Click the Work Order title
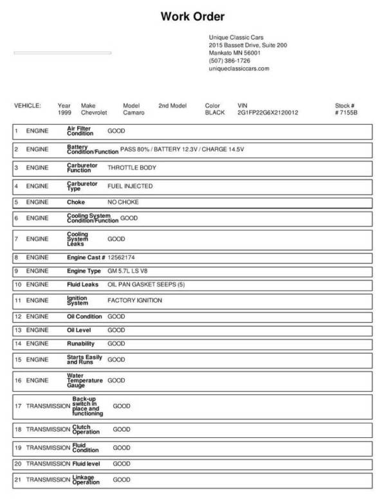click(192, 17)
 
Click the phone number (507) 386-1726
click(230, 60)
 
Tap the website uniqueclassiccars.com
click(239, 68)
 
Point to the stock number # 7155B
click(346, 113)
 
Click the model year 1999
click(64, 113)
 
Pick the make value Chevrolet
click(94, 113)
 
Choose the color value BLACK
click(214, 113)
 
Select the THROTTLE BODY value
click(132, 168)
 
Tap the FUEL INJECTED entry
click(130, 186)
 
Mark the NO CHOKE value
click(123, 203)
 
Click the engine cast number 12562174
click(122, 257)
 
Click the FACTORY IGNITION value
click(134, 300)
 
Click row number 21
click(18, 480)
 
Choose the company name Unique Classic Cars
click(236, 38)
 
